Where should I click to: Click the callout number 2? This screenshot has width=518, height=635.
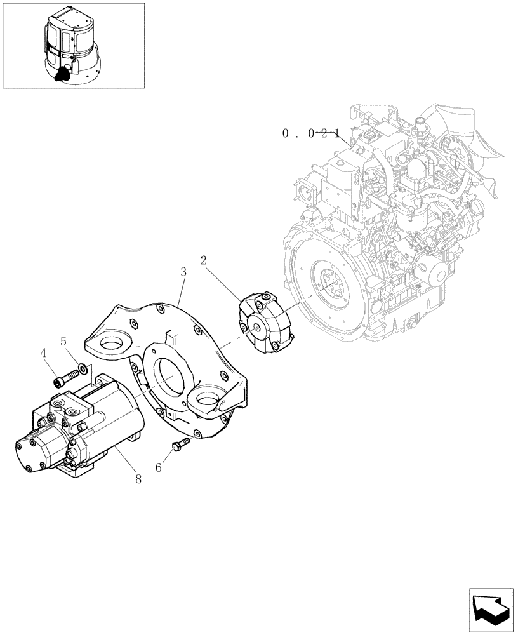point(204,260)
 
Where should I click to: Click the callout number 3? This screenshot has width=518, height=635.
point(183,272)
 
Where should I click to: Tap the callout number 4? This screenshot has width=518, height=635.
point(44,353)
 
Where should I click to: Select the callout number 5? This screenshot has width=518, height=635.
point(63,340)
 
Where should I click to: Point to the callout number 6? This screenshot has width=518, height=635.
point(159,467)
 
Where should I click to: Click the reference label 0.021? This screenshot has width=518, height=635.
point(312,133)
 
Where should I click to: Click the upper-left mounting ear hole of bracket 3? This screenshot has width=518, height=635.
point(115,346)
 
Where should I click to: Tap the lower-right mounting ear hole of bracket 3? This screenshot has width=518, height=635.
point(208,401)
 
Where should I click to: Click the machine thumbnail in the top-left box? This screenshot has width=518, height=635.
point(72,46)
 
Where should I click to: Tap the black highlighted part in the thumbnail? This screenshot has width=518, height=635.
point(62,75)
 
